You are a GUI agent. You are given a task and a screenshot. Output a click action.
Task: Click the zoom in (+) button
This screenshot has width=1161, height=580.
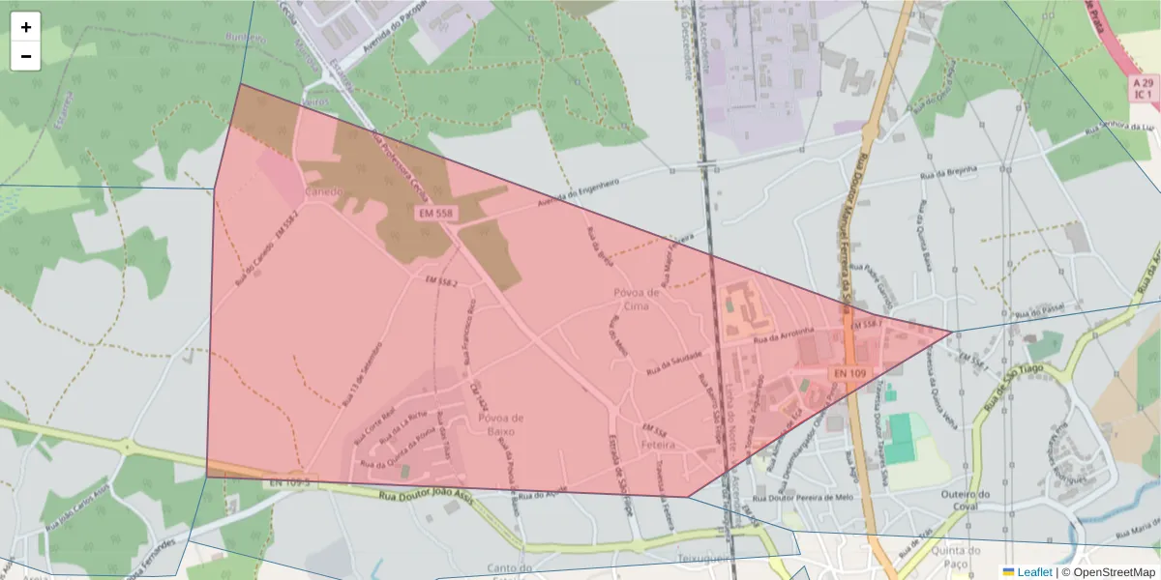pos(26,27)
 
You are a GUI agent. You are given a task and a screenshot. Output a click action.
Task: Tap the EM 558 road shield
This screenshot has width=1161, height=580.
pos(435,212)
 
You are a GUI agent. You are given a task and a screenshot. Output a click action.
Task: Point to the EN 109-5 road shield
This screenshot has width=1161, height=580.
pos(289,480)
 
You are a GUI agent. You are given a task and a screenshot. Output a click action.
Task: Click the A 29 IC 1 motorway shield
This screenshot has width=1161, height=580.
pos(1143,89)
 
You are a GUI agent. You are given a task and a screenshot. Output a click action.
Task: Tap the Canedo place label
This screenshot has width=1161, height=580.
pos(324,191)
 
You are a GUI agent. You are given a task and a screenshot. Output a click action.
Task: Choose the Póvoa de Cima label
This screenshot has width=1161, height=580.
pos(636,299)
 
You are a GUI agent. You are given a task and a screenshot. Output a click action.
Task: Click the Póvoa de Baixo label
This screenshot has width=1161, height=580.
pos(500,424)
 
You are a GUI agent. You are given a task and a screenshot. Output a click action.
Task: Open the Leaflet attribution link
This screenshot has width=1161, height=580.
pos(1033,572)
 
